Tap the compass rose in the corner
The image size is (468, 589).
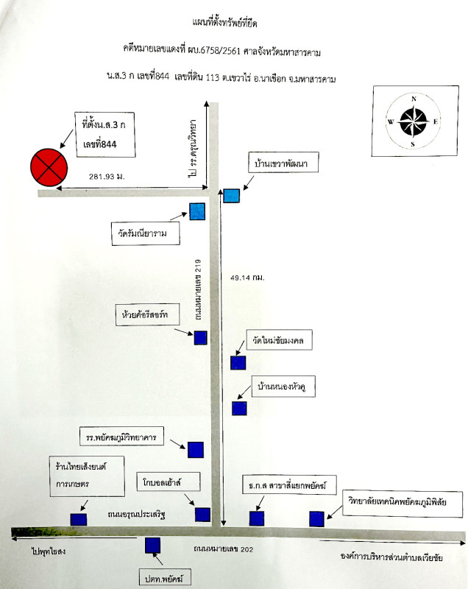[x=414, y=121]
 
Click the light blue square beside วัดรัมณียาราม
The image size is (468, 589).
[x=197, y=211]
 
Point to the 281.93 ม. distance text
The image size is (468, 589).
[x=107, y=177]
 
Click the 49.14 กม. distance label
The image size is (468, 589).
[x=248, y=278]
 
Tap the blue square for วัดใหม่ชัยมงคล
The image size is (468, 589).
[x=238, y=362]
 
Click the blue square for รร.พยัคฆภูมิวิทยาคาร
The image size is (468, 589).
[x=195, y=450]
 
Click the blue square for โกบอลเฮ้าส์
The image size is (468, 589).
[x=202, y=515]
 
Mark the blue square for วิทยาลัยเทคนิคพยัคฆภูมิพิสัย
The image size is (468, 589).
[x=316, y=518]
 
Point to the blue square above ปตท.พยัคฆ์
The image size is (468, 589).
[x=153, y=546]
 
